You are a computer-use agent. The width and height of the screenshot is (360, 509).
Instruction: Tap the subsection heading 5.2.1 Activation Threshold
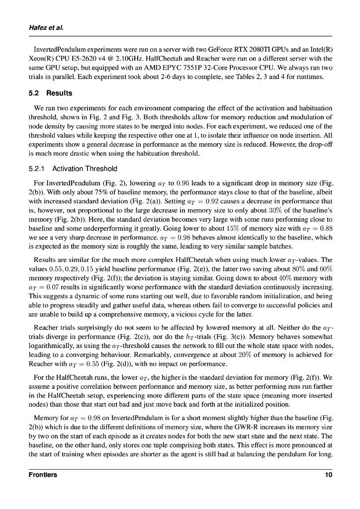pos(73,169)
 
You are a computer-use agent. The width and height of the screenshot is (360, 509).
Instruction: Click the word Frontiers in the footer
pos(43,475)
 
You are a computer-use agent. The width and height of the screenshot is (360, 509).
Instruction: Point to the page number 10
pos(328,475)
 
